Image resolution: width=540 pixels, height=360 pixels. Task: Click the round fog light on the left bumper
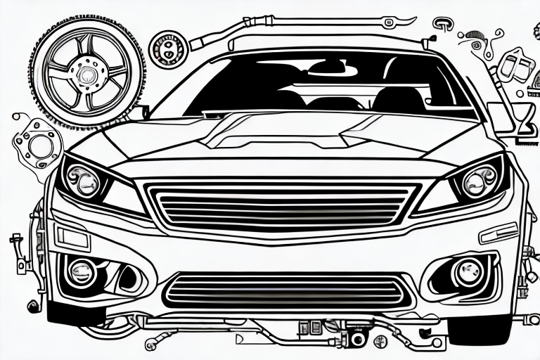[x=81, y=271]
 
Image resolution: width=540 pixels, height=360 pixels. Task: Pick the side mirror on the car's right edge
[x=500, y=116]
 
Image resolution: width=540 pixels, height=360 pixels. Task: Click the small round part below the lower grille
[x=357, y=339]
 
